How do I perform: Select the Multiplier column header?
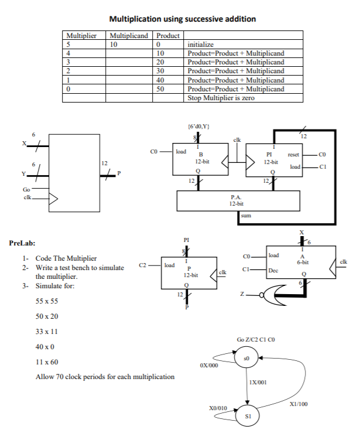[x=81, y=35]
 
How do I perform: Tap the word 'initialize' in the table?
[x=200, y=44]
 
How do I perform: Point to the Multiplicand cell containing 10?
[x=114, y=44]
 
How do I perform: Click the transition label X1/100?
[x=299, y=404]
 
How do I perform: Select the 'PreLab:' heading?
[x=24, y=242]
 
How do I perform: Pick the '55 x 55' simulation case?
[x=48, y=301]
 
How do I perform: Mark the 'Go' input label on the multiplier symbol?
[x=26, y=190]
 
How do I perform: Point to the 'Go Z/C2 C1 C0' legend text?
[x=256, y=340]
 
